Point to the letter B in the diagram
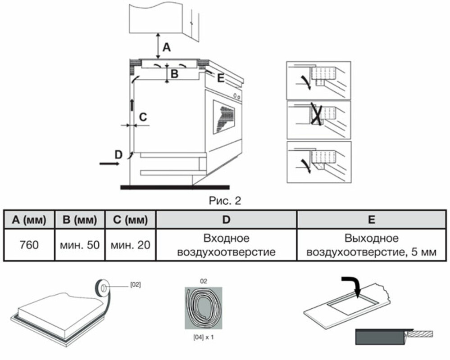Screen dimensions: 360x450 tap(174, 74)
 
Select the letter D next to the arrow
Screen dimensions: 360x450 tap(118, 155)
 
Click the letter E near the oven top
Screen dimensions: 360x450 tap(220, 78)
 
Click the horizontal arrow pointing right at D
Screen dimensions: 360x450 tap(109, 164)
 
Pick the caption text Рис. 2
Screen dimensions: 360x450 tap(225, 201)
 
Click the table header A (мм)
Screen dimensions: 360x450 tap(29, 220)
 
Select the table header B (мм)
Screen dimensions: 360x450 tap(79, 220)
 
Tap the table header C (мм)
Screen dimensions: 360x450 tap(130, 220)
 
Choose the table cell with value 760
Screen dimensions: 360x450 tap(29, 245)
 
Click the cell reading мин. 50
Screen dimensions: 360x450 tap(79, 245)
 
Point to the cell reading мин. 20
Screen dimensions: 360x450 tap(130, 245)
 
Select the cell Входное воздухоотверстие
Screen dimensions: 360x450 tap(226, 245)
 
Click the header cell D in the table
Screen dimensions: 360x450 tap(226, 220)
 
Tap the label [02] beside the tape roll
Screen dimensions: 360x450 tap(136, 284)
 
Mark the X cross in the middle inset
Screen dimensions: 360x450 tap(316, 114)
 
